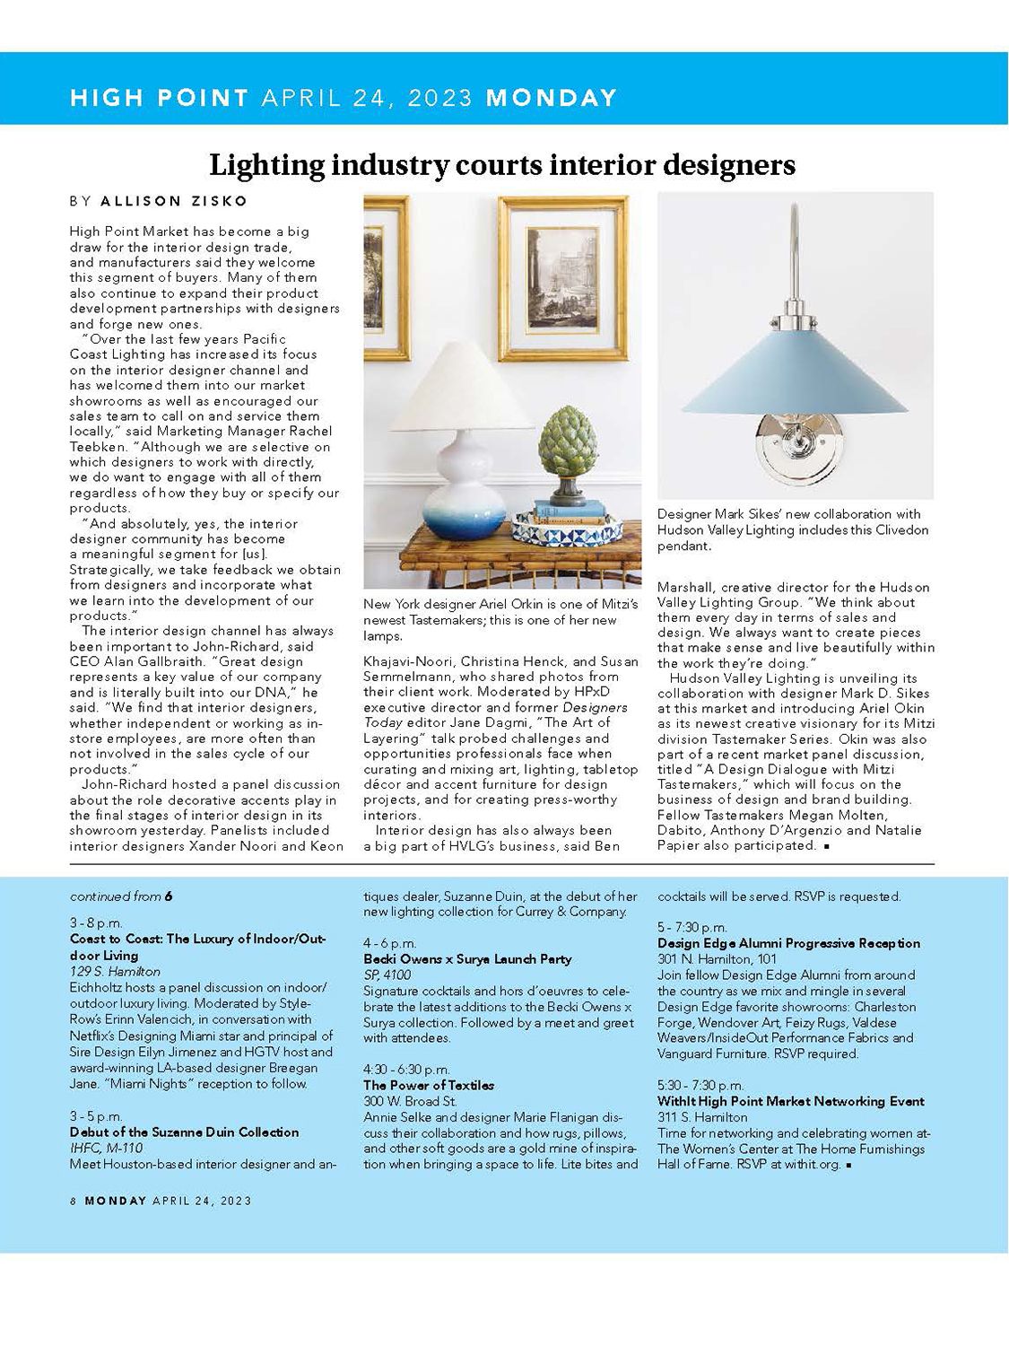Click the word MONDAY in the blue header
tap(551, 98)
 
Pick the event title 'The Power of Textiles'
tap(428, 1086)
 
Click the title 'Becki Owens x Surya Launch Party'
tap(467, 959)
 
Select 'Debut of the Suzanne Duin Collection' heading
tap(184, 1132)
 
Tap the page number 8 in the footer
tap(74, 1201)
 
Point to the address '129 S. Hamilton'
tap(115, 972)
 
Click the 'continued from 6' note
tap(121, 896)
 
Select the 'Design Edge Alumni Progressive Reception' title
tap(788, 943)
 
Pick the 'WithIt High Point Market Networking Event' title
tap(790, 1101)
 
